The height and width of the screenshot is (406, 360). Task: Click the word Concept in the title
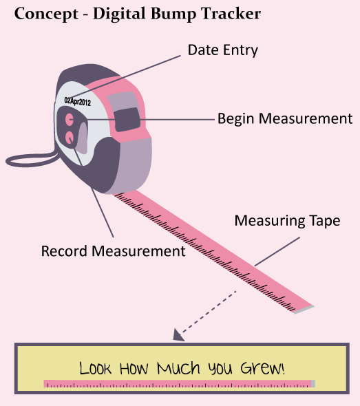[46, 14]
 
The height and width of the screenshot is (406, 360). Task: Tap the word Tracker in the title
[231, 13]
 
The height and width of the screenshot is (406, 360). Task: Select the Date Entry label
[223, 50]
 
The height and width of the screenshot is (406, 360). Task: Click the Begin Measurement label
[285, 119]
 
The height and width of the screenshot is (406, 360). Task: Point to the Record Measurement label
[113, 251]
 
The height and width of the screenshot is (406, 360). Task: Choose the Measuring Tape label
[287, 221]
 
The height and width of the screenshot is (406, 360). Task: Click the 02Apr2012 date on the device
[78, 101]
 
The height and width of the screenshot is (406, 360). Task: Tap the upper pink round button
[70, 119]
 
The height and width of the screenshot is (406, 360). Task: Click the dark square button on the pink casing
[127, 119]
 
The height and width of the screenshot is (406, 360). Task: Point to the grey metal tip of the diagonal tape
[304, 310]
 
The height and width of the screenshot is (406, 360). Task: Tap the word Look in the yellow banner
[95, 368]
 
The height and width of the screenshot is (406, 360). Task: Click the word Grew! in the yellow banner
[263, 367]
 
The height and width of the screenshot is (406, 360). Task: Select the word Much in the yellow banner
[179, 368]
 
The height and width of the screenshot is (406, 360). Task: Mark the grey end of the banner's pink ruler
[313, 384]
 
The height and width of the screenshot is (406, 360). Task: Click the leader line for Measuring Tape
[277, 251]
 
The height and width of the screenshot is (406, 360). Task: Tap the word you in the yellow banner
[220, 369]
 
